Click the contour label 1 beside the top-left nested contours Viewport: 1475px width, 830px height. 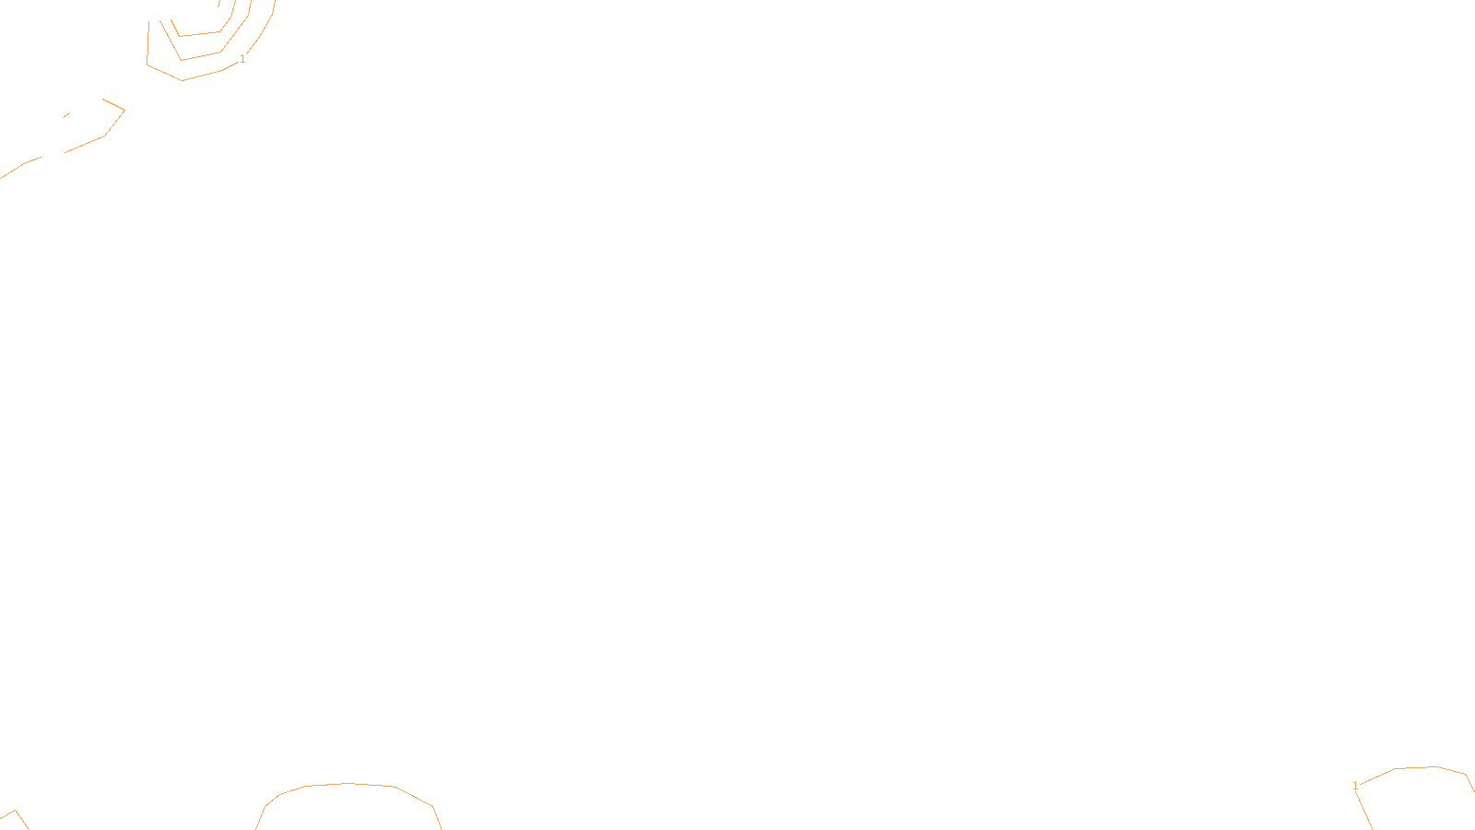[x=242, y=59]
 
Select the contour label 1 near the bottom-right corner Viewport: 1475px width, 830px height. [x=1355, y=786]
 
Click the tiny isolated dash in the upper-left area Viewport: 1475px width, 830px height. [x=66, y=115]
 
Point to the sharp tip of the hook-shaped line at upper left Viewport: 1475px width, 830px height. [x=124, y=110]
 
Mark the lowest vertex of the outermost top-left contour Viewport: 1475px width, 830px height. [x=183, y=80]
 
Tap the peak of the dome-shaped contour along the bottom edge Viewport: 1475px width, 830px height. [x=347, y=784]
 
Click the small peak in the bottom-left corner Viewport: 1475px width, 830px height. [x=15, y=811]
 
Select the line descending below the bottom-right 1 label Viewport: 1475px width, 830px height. [x=1363, y=811]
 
